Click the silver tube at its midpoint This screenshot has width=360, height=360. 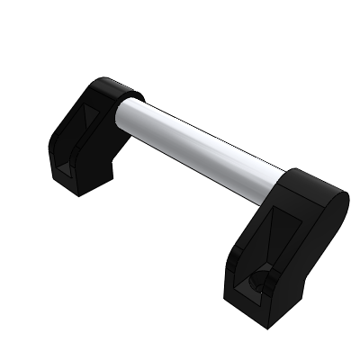pos(202,143)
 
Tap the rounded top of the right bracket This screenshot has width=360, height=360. pos(310,184)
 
